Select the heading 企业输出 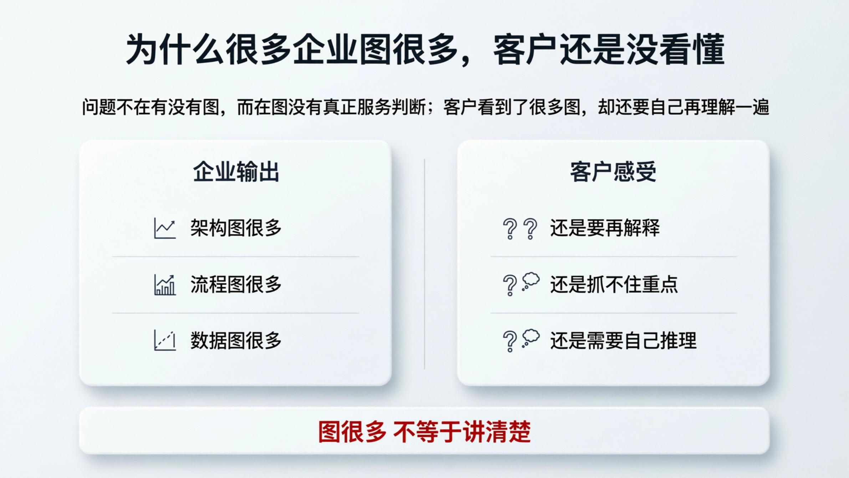pyautogui.click(x=236, y=172)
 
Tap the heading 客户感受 pyautogui.click(x=613, y=172)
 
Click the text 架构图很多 pyautogui.click(x=236, y=228)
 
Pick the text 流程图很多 pyautogui.click(x=236, y=284)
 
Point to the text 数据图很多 pyautogui.click(x=236, y=341)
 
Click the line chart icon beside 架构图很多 pyautogui.click(x=165, y=228)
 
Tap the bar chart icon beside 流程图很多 pyautogui.click(x=165, y=285)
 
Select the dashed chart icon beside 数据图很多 pyautogui.click(x=165, y=341)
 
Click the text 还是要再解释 pyautogui.click(x=605, y=228)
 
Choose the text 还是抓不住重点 pyautogui.click(x=614, y=284)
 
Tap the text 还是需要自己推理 pyautogui.click(x=623, y=341)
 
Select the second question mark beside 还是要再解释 pyautogui.click(x=531, y=229)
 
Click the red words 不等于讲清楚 pyautogui.click(x=462, y=432)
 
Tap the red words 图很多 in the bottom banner pyautogui.click(x=352, y=432)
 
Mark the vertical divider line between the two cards pyautogui.click(x=424, y=264)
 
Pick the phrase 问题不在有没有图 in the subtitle pyautogui.click(x=150, y=107)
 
